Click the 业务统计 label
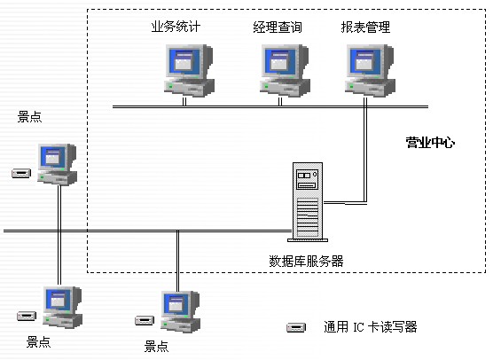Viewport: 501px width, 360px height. pos(176,27)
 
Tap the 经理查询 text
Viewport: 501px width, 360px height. pos(278,27)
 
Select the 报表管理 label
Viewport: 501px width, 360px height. pos(365,27)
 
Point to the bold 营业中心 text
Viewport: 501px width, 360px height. pos(430,143)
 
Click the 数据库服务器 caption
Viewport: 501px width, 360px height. pos(306,261)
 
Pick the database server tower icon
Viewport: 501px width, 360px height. pos(308,202)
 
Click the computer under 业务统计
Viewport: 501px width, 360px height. pos(189,71)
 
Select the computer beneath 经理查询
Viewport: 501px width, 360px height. pos(285,71)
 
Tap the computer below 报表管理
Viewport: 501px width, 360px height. pos(370,71)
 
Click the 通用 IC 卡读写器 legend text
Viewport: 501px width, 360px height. pos(371,327)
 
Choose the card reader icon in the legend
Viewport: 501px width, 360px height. pos(296,327)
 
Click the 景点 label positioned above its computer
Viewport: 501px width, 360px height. pos(29,117)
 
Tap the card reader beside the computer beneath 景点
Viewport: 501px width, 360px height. pos(21,173)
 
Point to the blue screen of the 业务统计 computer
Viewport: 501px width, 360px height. pos(185,60)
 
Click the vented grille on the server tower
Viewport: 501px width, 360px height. pos(308,217)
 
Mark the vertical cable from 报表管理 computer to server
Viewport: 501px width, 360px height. pos(365,150)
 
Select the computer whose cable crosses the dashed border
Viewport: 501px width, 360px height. pos(181,311)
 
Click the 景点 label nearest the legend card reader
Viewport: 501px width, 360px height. pos(156,347)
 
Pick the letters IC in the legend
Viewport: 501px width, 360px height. pos(358,327)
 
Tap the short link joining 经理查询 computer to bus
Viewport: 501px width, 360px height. pos(280,102)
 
